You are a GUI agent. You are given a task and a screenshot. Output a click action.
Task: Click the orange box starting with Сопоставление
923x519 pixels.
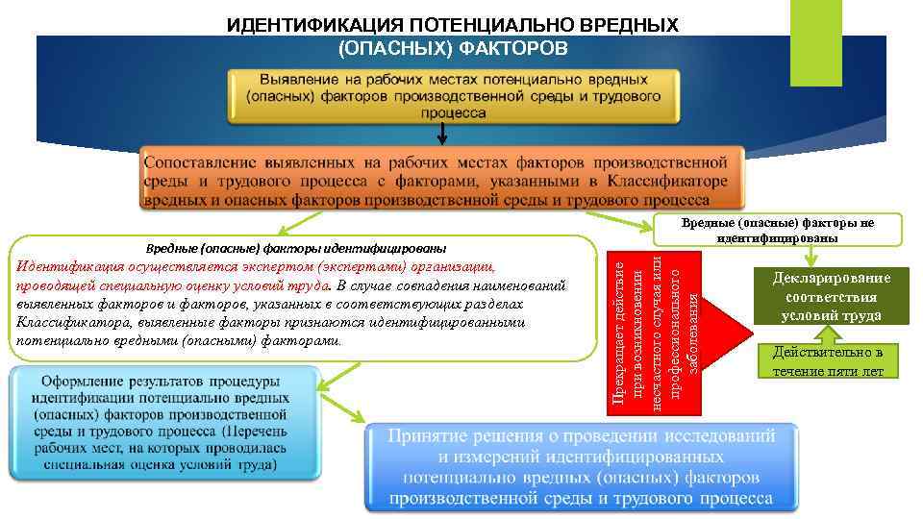point(442,178)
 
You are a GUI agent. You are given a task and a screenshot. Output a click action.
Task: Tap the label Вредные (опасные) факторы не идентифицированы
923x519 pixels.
point(777,230)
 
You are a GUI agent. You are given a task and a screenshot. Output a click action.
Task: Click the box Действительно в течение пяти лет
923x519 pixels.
point(827,361)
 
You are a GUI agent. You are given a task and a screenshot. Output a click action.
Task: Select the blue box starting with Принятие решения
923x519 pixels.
point(580,465)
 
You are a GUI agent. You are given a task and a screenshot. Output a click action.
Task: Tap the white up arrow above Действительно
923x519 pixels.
point(820,335)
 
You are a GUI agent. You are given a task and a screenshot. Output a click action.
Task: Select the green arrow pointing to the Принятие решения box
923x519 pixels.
point(342,412)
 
